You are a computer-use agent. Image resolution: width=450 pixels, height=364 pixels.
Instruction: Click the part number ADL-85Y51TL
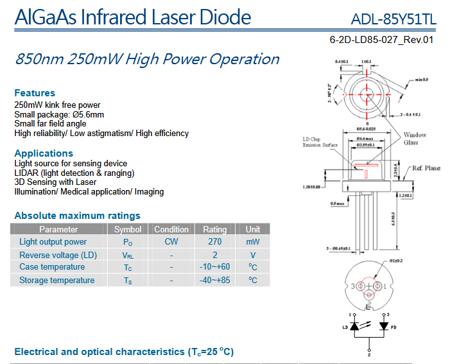tap(394, 19)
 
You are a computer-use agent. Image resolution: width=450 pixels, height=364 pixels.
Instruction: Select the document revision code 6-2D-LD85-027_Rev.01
tap(381, 39)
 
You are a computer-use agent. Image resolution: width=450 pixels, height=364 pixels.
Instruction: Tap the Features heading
tap(35, 93)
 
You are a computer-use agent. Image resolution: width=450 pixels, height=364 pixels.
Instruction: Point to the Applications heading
tap(44, 153)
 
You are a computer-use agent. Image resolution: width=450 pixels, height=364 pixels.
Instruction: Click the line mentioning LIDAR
tap(74, 173)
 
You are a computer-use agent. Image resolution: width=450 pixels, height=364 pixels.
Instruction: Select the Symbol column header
tap(128, 229)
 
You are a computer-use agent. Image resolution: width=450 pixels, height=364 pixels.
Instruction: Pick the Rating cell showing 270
tap(215, 242)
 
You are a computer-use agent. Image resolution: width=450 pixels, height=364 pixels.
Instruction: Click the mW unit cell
tap(253, 242)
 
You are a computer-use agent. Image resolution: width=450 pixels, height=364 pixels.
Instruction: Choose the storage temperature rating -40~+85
tap(215, 280)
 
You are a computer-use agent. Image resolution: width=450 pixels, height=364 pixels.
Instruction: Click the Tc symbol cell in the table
tap(128, 267)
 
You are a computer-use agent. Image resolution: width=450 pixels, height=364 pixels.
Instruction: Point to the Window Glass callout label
tap(415, 139)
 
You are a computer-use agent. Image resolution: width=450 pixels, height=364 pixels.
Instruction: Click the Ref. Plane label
tap(426, 168)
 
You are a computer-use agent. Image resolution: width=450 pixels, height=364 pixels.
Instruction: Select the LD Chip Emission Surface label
tap(320, 142)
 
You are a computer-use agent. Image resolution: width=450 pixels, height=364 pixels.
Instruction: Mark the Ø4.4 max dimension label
tap(366, 139)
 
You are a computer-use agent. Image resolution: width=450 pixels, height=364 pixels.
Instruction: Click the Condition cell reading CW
tap(171, 242)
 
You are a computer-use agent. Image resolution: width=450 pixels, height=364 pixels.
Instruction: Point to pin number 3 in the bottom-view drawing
tap(352, 285)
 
